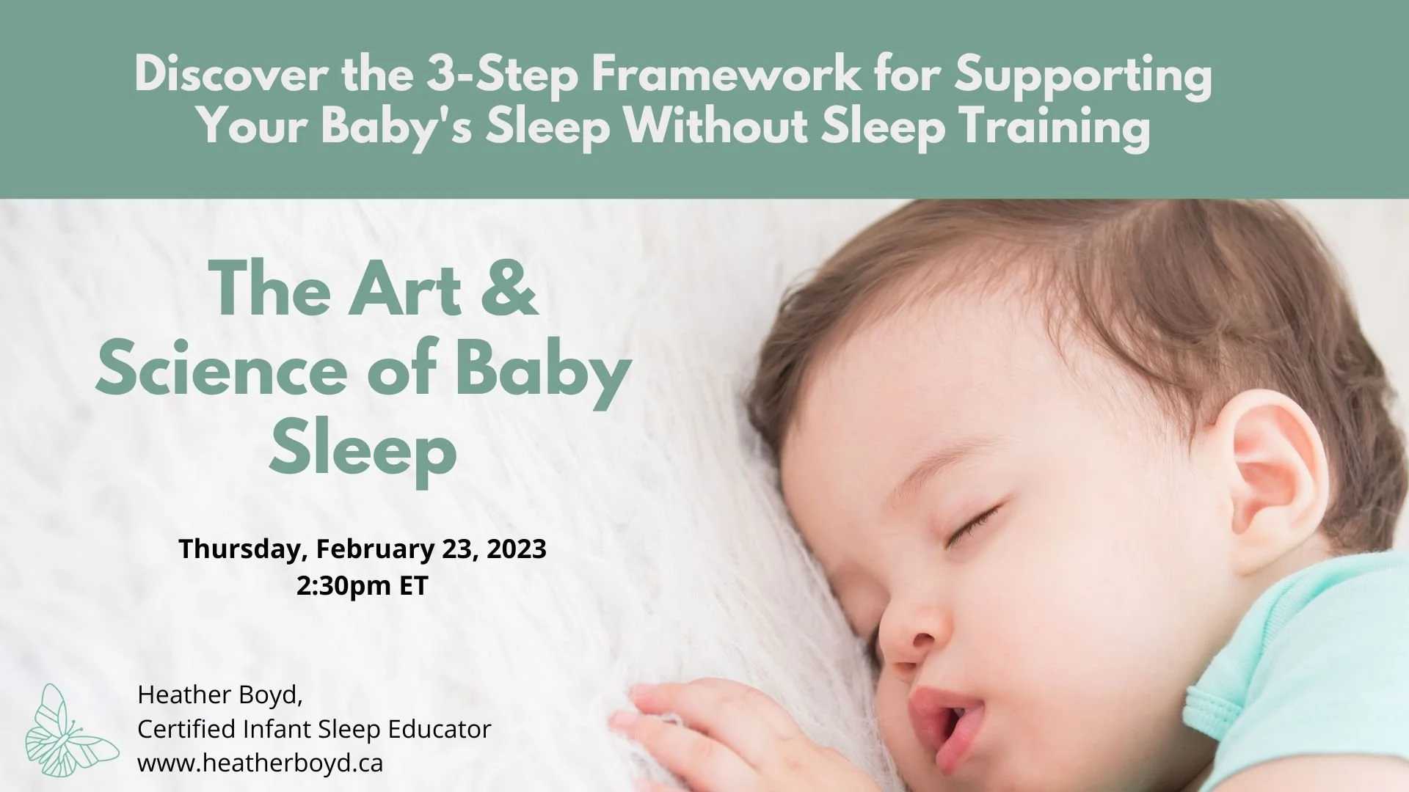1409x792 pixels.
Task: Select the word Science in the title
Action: pos(220,370)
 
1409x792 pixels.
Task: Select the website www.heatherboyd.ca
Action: pos(261,763)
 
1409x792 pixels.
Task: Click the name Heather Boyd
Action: pos(219,694)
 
